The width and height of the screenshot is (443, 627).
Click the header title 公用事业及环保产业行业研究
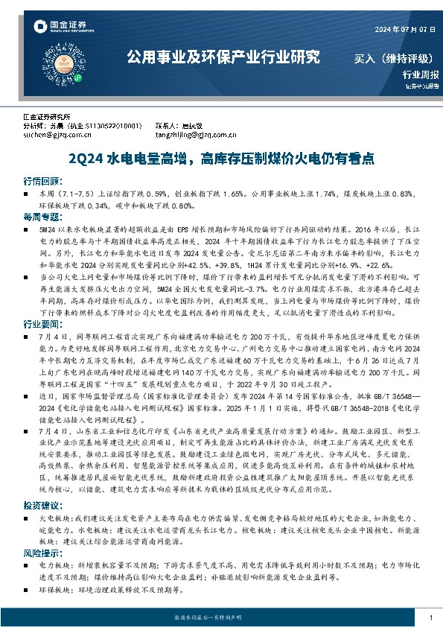point(223,57)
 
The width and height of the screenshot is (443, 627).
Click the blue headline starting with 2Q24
point(220,159)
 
